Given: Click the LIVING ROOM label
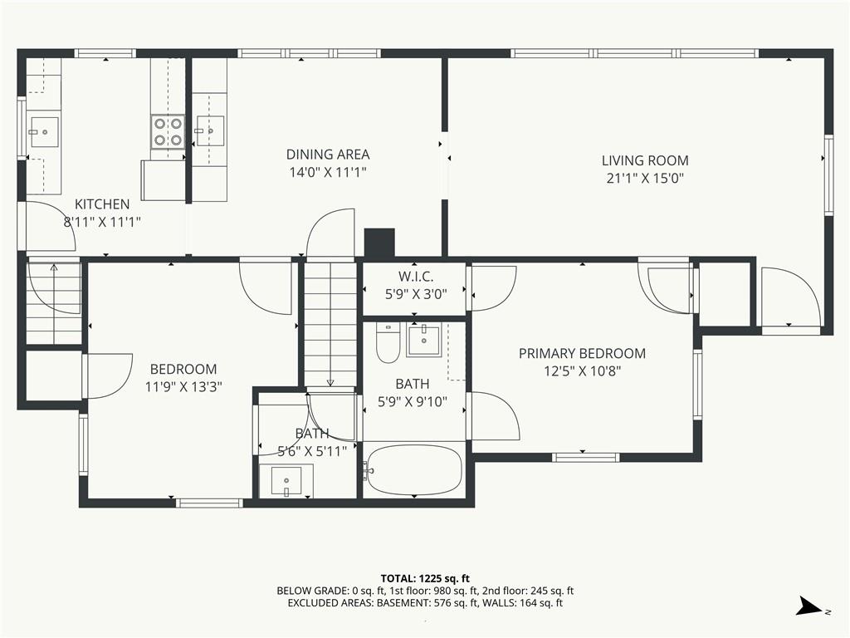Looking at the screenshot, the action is pyautogui.click(x=645, y=160).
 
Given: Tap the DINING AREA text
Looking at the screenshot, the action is pyautogui.click(x=328, y=155).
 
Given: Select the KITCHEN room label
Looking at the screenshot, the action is pyautogui.click(x=102, y=204).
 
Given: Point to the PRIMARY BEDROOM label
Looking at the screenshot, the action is pyautogui.click(x=582, y=354).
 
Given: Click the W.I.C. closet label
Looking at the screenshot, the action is pyautogui.click(x=416, y=277).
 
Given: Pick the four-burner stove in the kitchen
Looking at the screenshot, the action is pyautogui.click(x=168, y=132).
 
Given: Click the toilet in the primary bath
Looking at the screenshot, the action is pyautogui.click(x=388, y=343).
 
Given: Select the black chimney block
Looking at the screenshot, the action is pyautogui.click(x=379, y=243).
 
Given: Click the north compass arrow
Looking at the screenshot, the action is pyautogui.click(x=811, y=606).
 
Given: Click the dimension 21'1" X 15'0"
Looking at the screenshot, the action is pyautogui.click(x=645, y=179).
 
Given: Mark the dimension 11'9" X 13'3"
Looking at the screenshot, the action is pyautogui.click(x=183, y=387).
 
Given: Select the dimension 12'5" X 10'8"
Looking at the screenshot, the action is pyautogui.click(x=582, y=371).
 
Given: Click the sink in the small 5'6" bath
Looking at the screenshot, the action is pyautogui.click(x=286, y=481).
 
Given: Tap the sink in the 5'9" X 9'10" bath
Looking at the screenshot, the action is pyautogui.click(x=423, y=340).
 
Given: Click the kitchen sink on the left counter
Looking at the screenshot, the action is pyautogui.click(x=44, y=132).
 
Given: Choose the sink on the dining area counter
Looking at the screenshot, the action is pyautogui.click(x=210, y=130).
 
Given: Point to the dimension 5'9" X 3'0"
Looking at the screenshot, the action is pyautogui.click(x=416, y=295).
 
